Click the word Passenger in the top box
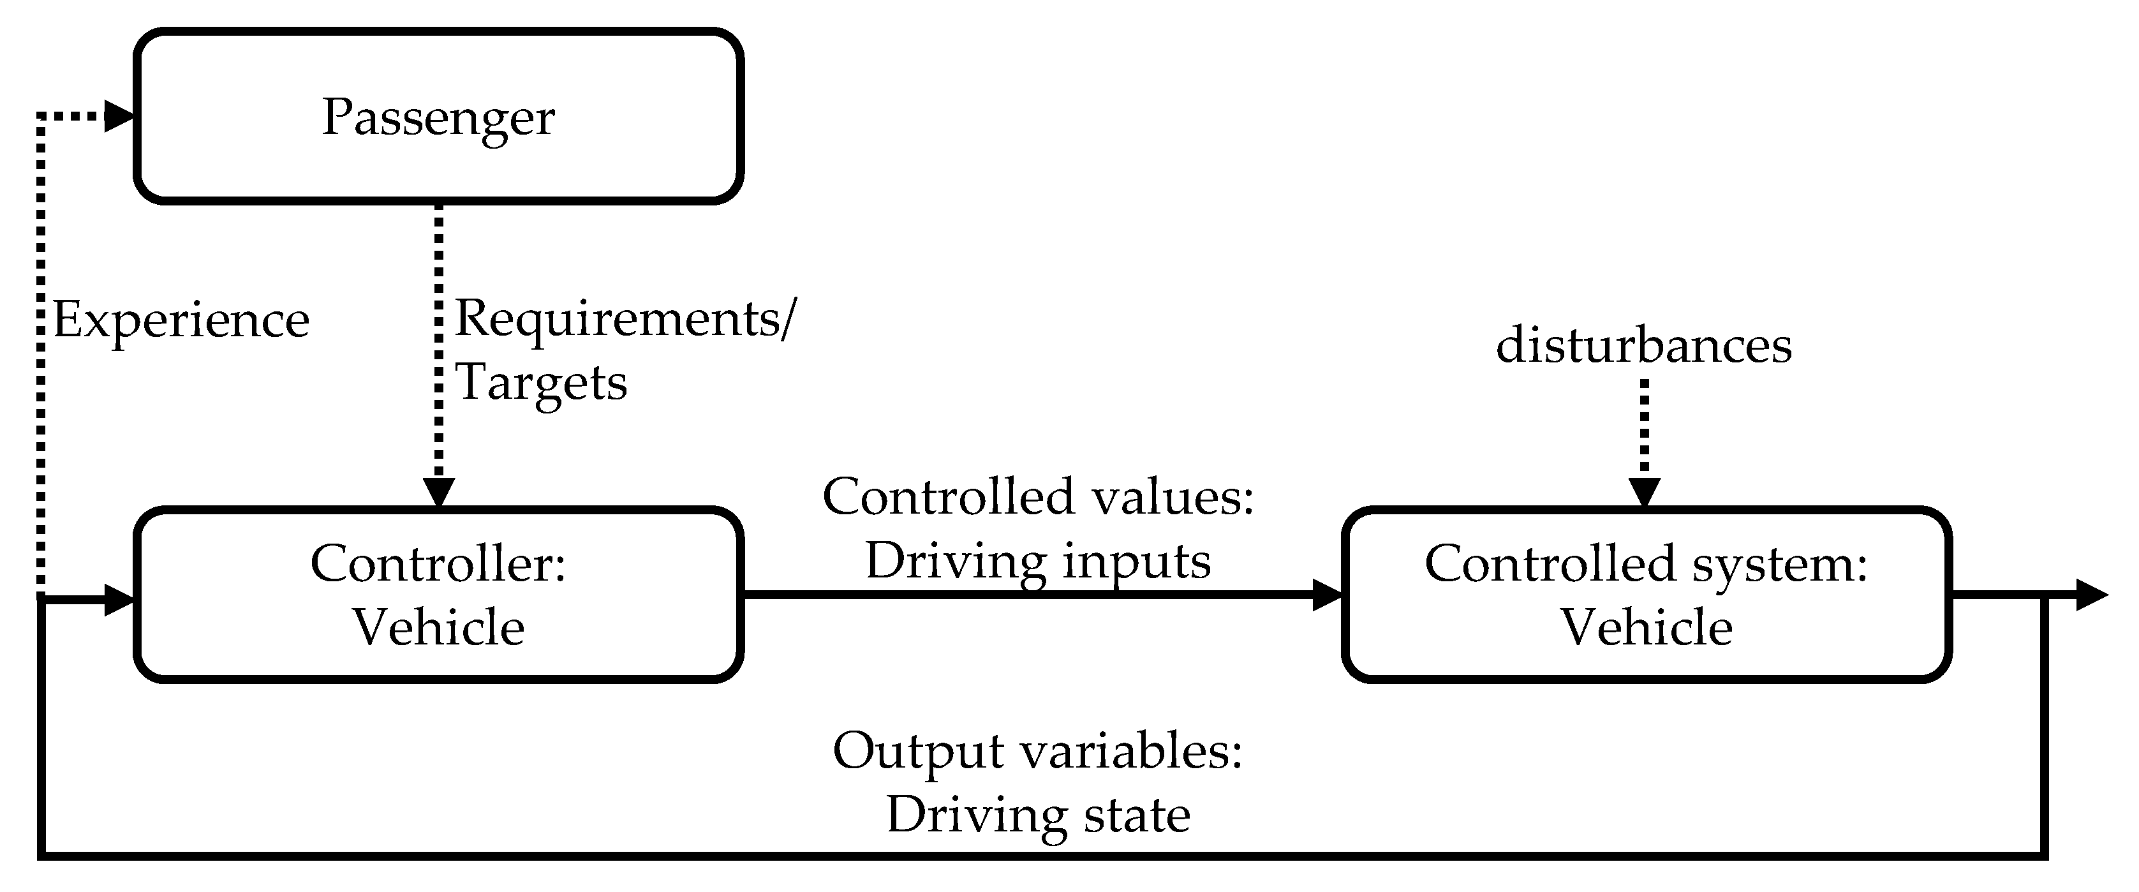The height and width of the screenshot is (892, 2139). coord(438,118)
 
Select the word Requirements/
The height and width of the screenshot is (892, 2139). coord(625,319)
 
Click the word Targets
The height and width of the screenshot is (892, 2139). coord(542,383)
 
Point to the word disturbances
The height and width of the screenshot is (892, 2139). coord(1643,345)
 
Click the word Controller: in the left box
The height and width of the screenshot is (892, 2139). coord(438,564)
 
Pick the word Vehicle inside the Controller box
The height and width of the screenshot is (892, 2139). coord(438,627)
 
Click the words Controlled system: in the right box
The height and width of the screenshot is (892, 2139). coord(1646,564)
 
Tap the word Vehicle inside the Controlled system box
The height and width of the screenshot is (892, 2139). coord(1646,627)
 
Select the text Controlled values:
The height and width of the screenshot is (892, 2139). coord(1038,496)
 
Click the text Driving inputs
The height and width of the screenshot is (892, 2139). coord(1038,561)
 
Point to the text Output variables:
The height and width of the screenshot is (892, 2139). coord(1037,752)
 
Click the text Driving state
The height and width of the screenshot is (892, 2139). coord(1038,815)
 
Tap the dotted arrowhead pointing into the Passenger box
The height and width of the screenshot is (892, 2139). coord(119,116)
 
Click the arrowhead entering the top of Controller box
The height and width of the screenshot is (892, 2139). coord(438,493)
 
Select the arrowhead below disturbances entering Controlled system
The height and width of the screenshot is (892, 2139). coord(1644,493)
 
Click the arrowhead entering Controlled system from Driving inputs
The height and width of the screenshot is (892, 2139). coord(1327,595)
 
